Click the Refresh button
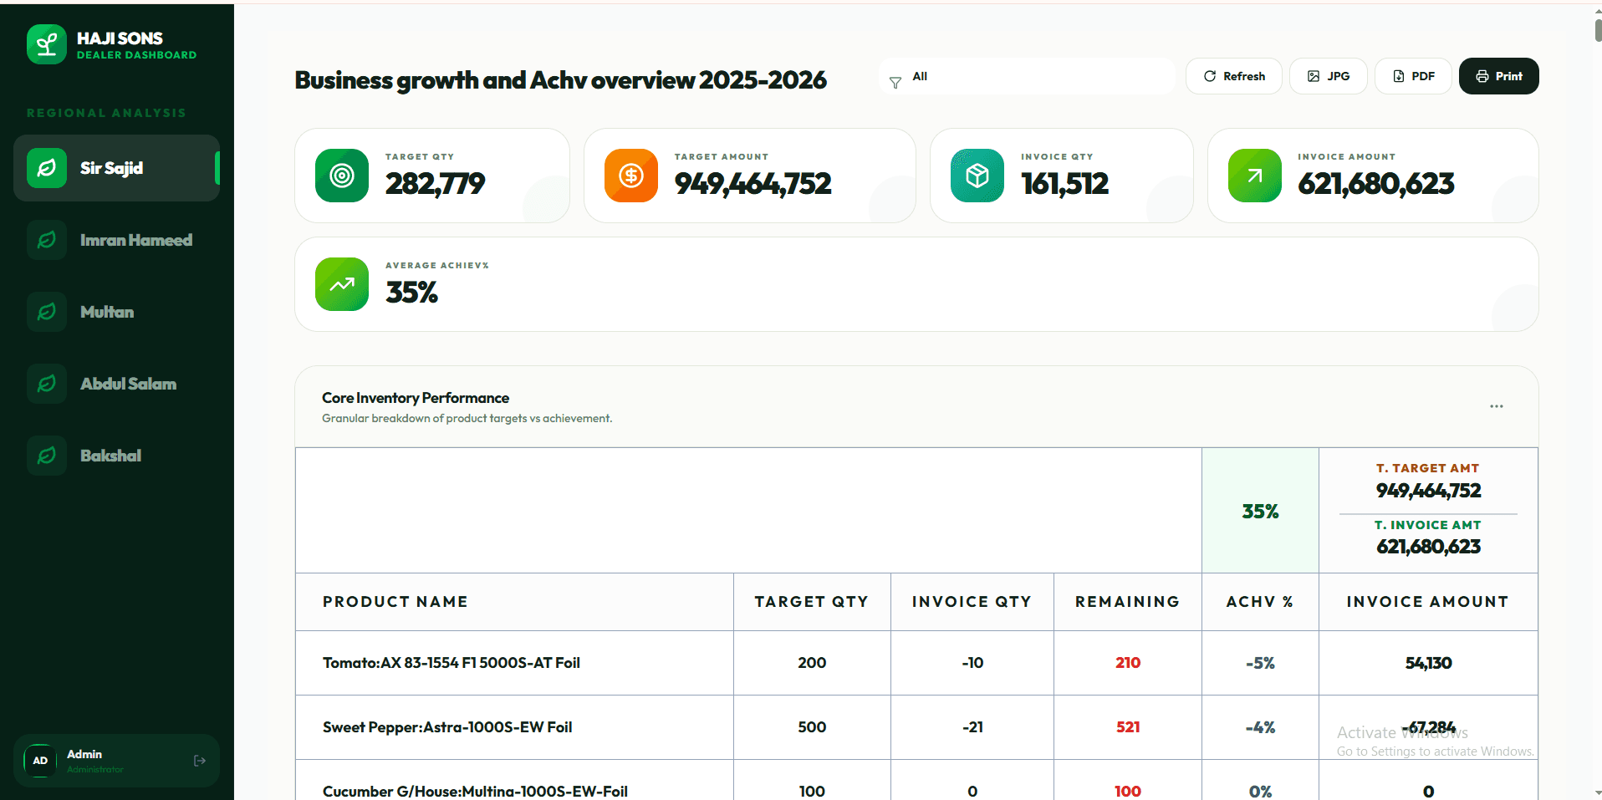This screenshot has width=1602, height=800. [x=1233, y=76]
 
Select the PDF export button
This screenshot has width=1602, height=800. [x=1413, y=76]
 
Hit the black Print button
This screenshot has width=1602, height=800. [x=1498, y=76]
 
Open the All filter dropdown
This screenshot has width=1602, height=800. [x=1027, y=76]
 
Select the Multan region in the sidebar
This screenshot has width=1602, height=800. [x=107, y=312]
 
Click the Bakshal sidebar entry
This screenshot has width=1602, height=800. [x=110, y=456]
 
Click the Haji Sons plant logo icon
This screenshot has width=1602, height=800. [x=47, y=44]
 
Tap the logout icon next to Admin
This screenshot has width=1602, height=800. [x=200, y=761]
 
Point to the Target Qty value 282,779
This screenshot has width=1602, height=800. [x=435, y=184]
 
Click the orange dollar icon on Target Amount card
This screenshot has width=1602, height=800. [x=631, y=176]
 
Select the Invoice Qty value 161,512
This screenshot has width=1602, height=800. [x=1064, y=184]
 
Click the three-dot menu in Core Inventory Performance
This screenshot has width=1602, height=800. [x=1496, y=406]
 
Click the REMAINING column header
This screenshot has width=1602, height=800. [x=1127, y=602]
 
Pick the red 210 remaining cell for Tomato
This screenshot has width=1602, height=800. [x=1127, y=663]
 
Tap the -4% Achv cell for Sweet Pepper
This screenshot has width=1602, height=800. [x=1260, y=727]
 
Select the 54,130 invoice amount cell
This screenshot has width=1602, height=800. [x=1428, y=663]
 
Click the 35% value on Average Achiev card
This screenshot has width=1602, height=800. [x=411, y=293]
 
